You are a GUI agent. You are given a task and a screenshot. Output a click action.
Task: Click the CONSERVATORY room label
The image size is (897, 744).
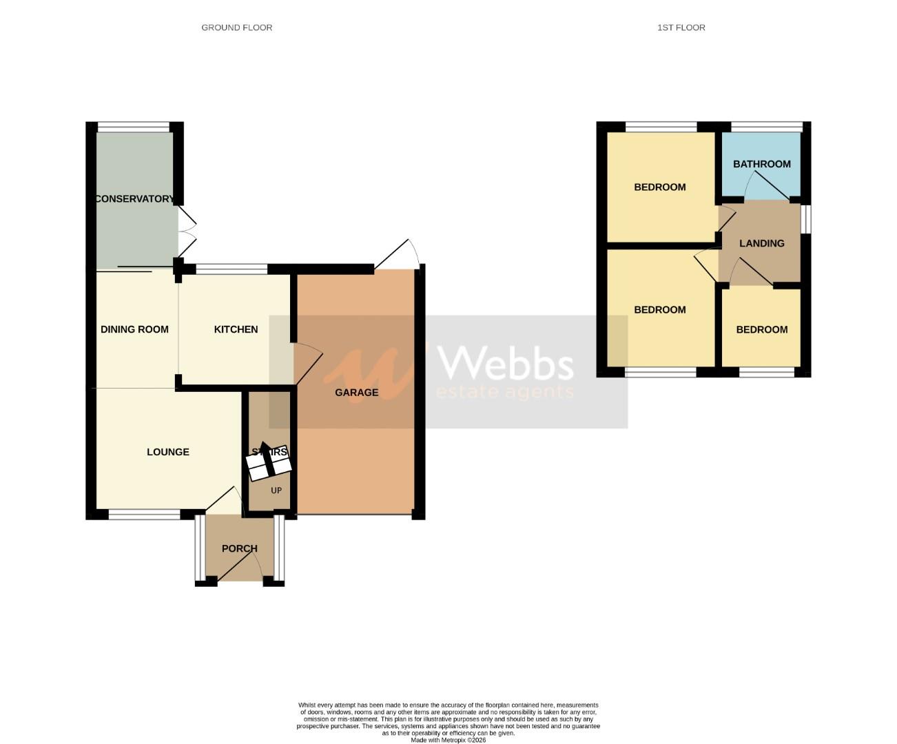(x=134, y=199)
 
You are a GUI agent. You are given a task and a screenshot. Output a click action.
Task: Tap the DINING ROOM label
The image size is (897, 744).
(x=134, y=329)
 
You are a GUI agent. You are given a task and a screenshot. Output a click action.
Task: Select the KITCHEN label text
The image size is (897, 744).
(x=236, y=329)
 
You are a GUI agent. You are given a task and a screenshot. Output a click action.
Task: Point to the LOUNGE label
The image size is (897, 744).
(x=167, y=452)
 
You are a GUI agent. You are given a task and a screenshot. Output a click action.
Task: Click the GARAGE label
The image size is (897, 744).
(x=356, y=393)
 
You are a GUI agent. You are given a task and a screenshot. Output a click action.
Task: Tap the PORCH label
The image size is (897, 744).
(x=239, y=548)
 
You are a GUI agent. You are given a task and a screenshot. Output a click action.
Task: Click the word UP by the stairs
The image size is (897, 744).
(x=276, y=491)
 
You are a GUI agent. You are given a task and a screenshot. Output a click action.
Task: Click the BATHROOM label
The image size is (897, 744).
(x=761, y=164)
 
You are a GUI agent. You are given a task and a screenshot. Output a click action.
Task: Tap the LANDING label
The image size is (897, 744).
(x=761, y=243)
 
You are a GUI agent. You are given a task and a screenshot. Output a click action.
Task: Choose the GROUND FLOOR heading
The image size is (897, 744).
(x=236, y=28)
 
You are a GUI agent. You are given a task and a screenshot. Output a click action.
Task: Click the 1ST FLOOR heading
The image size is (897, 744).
(x=681, y=28)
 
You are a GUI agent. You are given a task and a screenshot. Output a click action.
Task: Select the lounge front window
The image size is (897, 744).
(x=144, y=514)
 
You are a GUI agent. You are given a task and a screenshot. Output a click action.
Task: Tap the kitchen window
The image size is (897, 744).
(x=231, y=269)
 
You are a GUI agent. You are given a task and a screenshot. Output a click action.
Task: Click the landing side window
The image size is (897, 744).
(x=806, y=220)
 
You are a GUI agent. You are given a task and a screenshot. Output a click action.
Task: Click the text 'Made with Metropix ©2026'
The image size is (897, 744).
(x=448, y=741)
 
